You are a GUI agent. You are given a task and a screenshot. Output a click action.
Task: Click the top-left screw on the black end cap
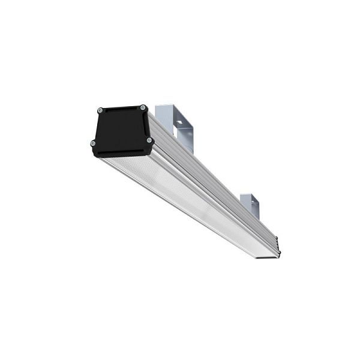100,111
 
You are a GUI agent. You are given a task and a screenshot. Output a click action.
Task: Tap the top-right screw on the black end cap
143,108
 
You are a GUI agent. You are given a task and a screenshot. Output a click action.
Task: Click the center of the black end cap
121,129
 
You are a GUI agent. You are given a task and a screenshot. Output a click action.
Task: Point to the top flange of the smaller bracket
248,196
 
